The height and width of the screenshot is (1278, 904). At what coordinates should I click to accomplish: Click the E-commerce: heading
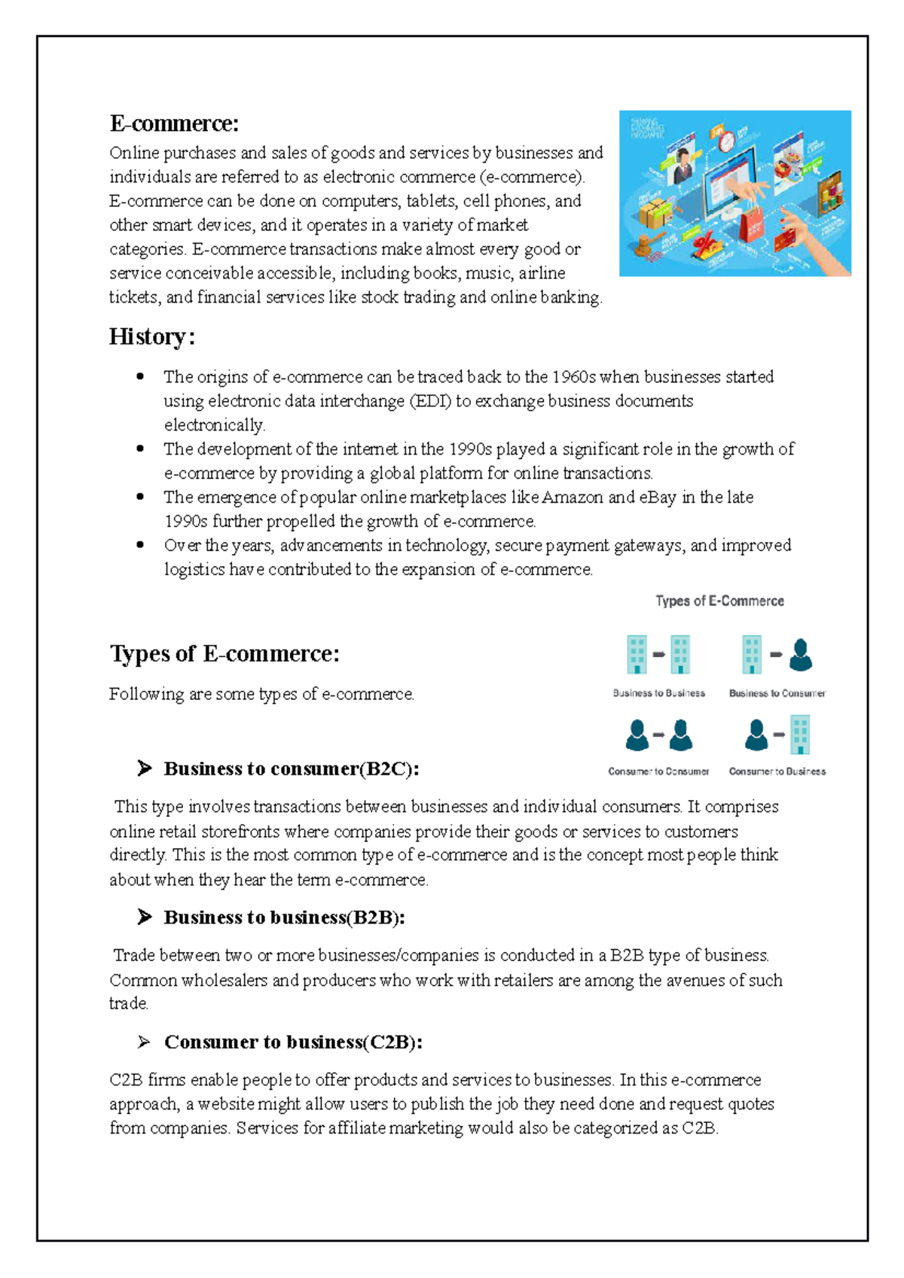174,123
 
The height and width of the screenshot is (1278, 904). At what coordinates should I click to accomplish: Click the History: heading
152,336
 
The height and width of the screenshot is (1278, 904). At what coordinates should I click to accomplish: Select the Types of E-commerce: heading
224,653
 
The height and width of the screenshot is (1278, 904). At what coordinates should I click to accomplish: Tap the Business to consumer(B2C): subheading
291,768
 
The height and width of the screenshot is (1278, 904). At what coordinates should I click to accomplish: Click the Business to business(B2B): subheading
284,917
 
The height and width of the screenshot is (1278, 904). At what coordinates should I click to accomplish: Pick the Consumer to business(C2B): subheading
293,1042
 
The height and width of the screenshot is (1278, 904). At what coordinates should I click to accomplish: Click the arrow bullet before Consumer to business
144,1042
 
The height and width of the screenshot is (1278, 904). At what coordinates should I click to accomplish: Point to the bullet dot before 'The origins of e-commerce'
140,377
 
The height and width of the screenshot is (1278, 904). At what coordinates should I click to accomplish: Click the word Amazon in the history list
573,498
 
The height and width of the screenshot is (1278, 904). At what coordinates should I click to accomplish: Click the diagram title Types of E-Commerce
719,601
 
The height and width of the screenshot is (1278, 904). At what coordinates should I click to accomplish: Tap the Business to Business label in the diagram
658,693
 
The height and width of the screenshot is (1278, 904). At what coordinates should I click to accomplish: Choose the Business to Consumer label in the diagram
777,693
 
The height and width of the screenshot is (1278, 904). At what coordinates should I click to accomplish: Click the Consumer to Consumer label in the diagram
658,771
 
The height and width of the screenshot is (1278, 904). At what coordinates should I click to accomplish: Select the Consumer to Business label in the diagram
777,771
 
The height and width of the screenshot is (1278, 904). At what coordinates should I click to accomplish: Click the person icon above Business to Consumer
800,655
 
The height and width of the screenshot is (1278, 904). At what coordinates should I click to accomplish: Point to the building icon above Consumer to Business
800,735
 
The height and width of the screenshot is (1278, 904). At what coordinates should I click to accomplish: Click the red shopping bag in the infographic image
752,225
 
